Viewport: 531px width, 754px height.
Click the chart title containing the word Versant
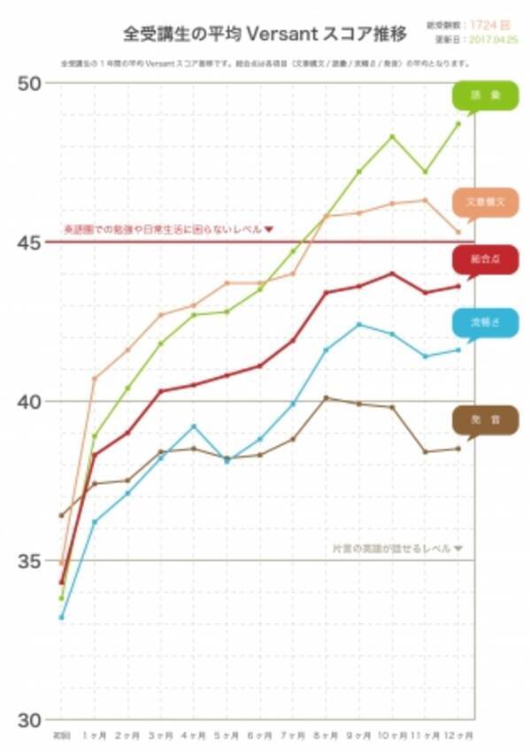(x=265, y=35)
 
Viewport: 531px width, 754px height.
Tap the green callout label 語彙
(x=485, y=96)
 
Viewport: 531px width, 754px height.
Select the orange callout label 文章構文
(x=484, y=202)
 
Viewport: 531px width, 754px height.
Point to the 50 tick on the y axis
(x=30, y=83)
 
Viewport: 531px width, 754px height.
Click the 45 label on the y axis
(x=30, y=242)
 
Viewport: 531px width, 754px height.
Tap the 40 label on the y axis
(x=30, y=401)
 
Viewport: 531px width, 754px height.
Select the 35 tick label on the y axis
(x=30, y=560)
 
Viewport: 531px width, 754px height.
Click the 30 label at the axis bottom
(x=30, y=718)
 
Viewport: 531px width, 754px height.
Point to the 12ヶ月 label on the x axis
(x=458, y=735)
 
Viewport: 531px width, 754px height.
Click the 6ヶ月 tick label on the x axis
(x=259, y=735)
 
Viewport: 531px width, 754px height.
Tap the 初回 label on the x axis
(x=61, y=735)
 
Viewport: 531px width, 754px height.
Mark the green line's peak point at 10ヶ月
(x=392, y=136)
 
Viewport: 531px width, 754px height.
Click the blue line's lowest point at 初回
(x=61, y=617)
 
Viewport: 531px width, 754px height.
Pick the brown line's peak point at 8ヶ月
(x=326, y=397)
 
